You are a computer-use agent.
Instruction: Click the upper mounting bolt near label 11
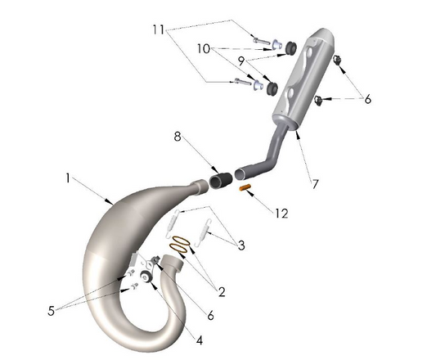click(260, 40)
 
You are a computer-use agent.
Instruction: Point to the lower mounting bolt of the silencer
click(243, 81)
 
